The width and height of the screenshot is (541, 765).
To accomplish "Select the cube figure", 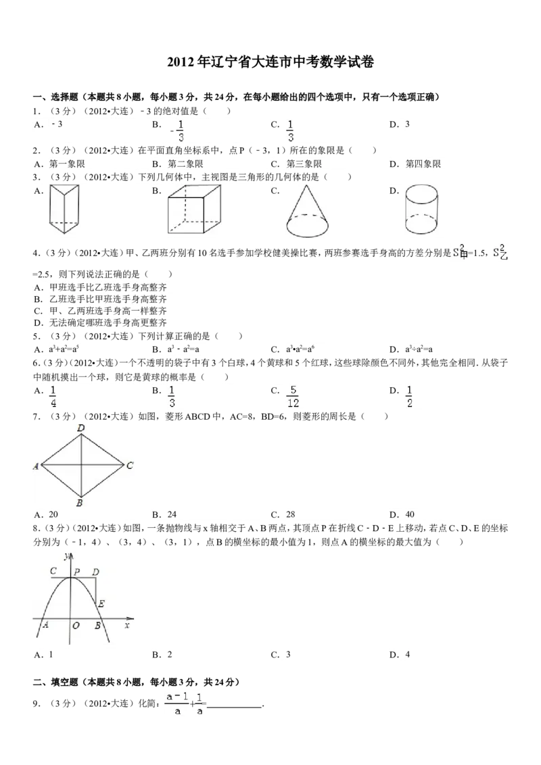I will (x=194, y=210).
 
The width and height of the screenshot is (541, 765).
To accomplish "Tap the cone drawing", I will (x=308, y=211).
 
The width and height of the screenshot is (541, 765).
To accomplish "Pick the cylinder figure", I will (x=423, y=210).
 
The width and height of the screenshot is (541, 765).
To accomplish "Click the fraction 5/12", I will (x=293, y=396).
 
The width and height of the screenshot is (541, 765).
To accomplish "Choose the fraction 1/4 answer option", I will (x=53, y=396).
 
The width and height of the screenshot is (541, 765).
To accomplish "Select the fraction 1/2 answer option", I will (x=410, y=396).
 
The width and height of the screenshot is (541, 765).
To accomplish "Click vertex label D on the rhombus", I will (x=81, y=428).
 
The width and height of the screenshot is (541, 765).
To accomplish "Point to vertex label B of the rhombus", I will (x=80, y=503).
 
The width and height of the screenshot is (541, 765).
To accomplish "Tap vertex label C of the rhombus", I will (x=129, y=466).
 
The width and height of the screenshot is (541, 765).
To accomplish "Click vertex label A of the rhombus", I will (x=37, y=466).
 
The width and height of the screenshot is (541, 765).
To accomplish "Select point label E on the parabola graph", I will (x=101, y=603).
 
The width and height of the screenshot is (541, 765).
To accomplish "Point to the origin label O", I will (x=76, y=626).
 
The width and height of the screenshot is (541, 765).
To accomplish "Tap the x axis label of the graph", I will (x=126, y=626).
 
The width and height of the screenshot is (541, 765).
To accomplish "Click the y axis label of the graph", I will (x=66, y=556).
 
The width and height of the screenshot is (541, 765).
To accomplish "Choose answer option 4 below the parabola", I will (x=408, y=655).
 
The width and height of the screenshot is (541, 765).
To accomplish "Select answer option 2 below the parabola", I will (x=171, y=655).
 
